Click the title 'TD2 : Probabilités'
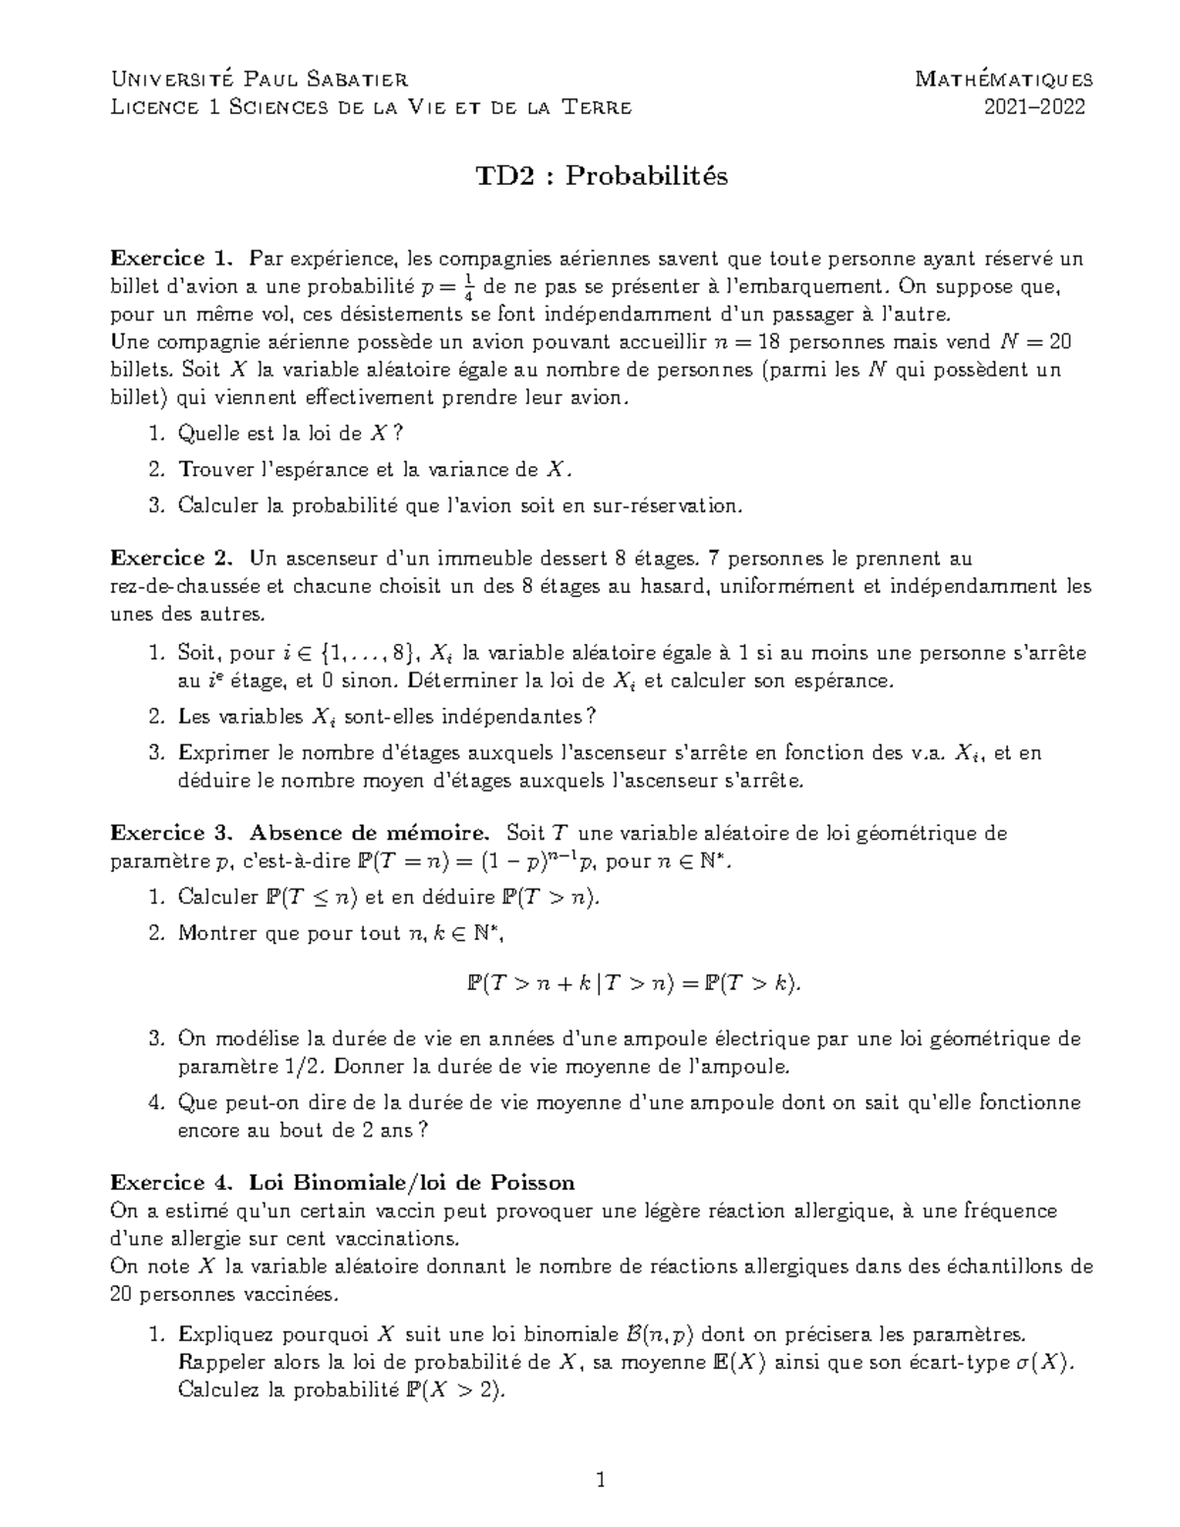click(602, 176)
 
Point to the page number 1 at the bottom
click(602, 1480)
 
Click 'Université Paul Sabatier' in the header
click(260, 79)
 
